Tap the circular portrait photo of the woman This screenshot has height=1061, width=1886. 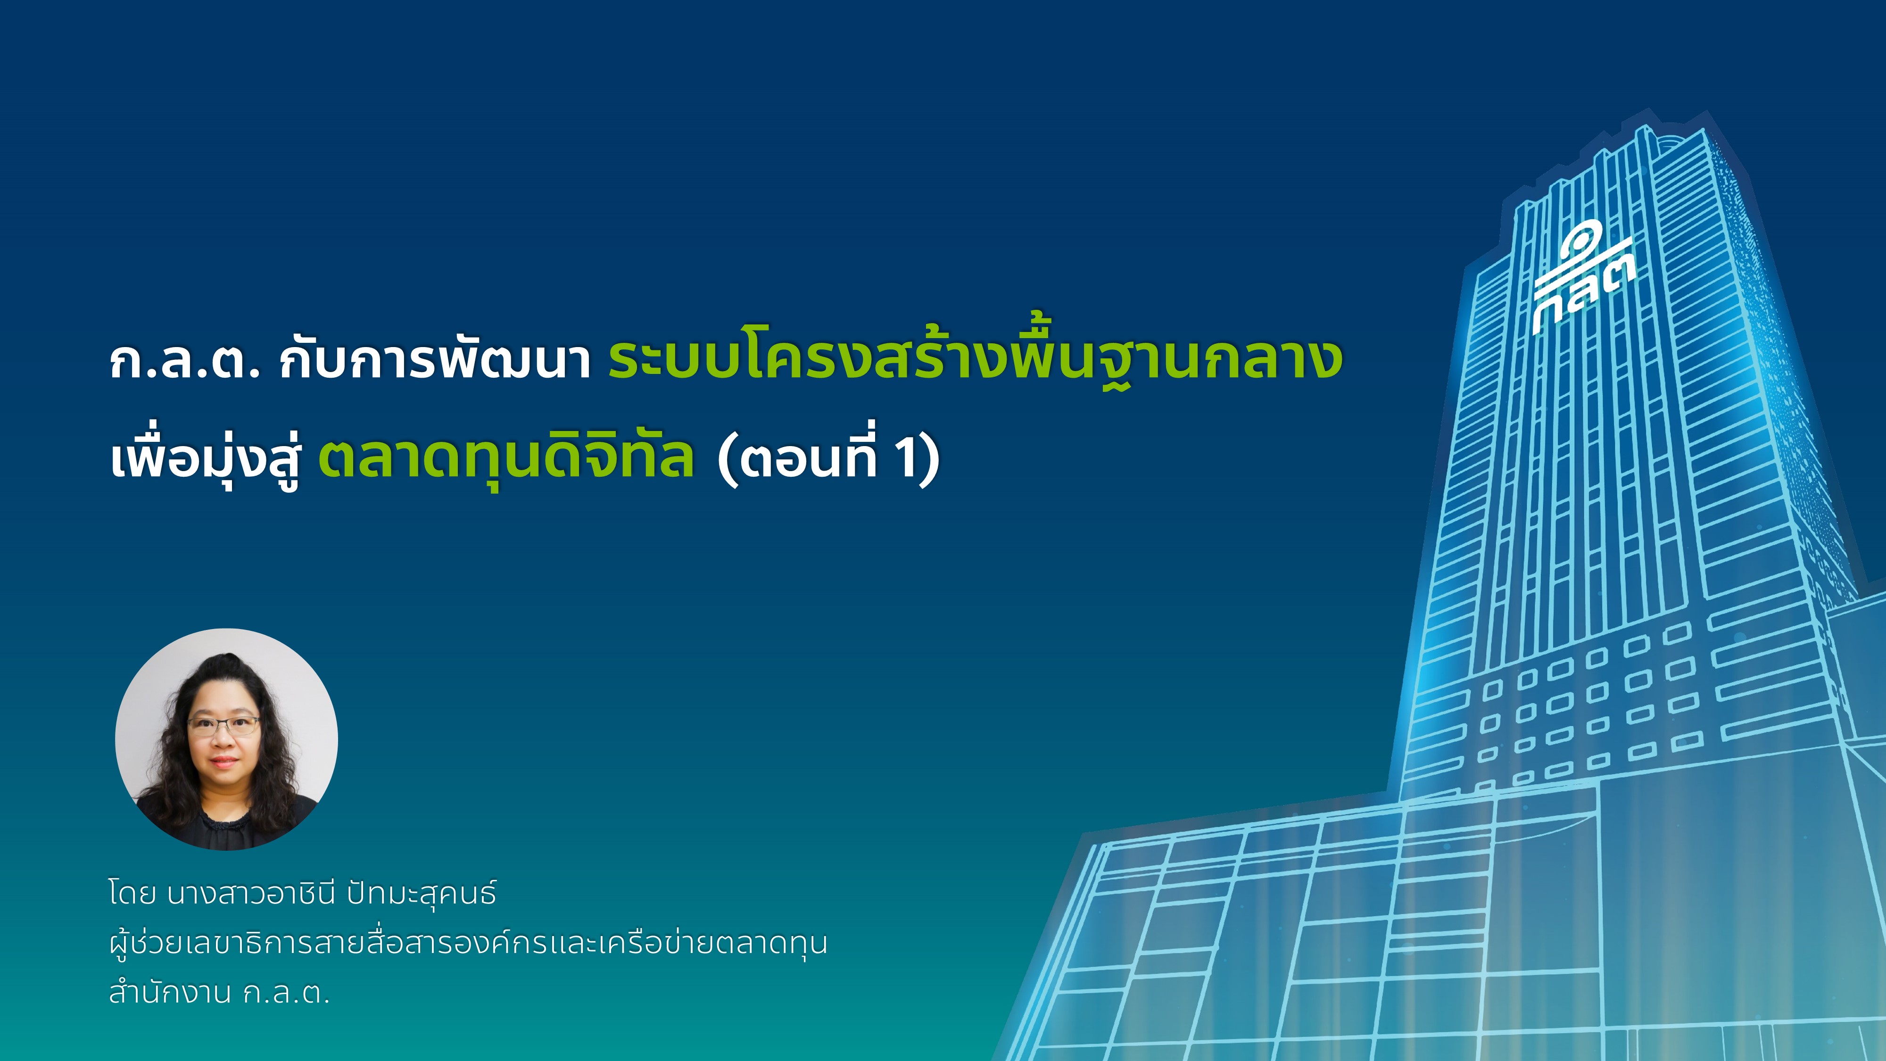point(226,739)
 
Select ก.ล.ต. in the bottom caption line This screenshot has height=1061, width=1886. point(286,995)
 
